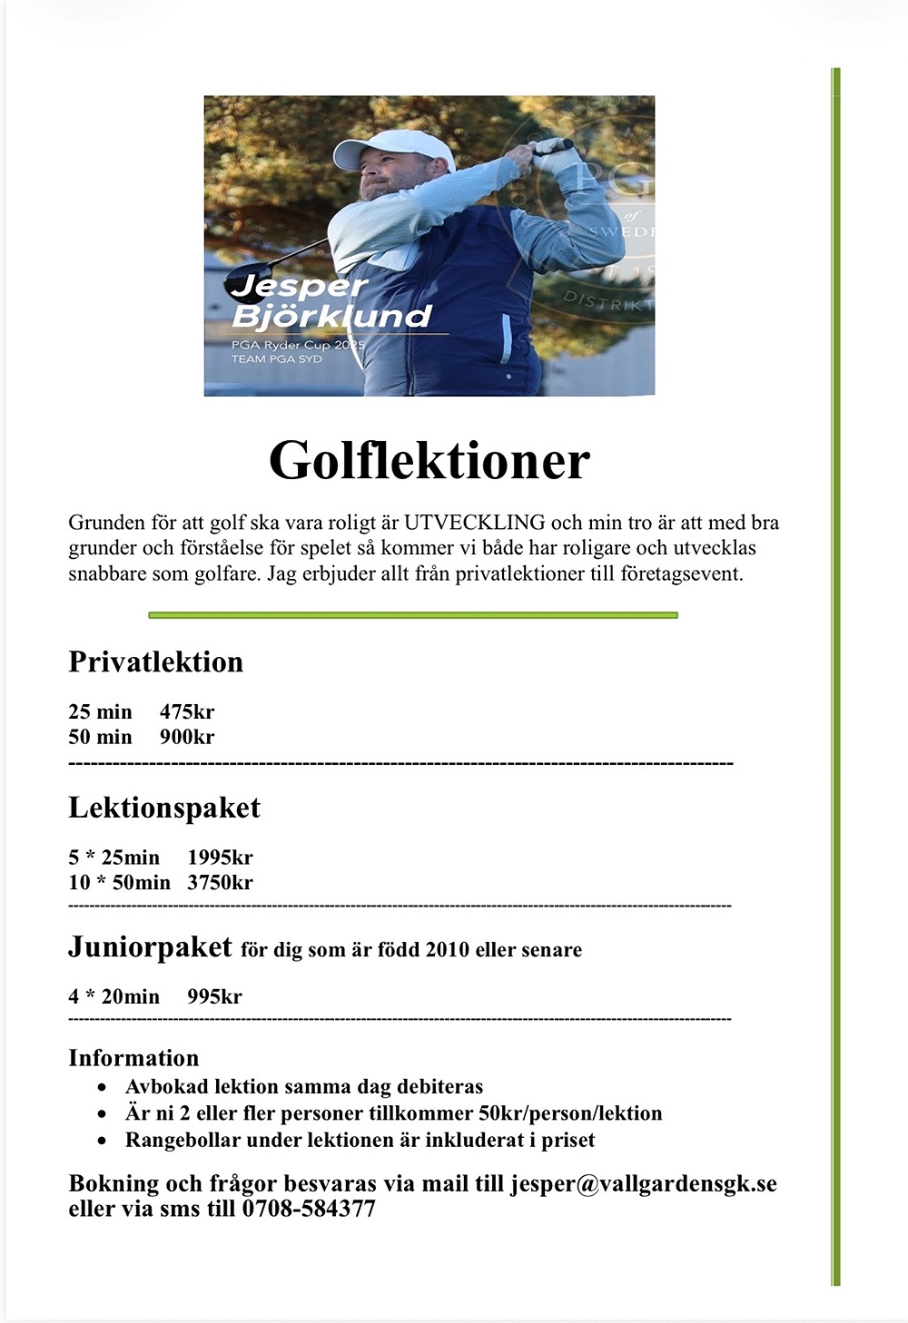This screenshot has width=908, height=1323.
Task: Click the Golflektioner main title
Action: pos(429,460)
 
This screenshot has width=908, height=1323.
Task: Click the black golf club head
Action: pos(246,280)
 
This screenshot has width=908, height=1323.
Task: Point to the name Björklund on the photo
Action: pos(331,317)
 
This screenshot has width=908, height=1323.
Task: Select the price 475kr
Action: pos(187,711)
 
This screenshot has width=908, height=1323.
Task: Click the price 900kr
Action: pos(187,737)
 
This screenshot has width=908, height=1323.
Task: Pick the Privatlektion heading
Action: pos(156,661)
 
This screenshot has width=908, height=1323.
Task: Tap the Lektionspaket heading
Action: pos(164,808)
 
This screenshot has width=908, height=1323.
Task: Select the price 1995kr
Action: pos(220,857)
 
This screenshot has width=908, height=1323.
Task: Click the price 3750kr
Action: pos(220,882)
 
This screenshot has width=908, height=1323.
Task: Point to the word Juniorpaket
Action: pos(150,947)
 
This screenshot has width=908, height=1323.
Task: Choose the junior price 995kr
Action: pos(214,996)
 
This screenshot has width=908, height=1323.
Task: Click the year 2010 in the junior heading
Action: pos(448,950)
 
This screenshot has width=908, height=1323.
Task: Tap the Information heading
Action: pos(133,1058)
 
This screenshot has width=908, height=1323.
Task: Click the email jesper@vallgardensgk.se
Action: pos(643,1184)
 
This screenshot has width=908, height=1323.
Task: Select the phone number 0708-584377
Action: pos(309,1209)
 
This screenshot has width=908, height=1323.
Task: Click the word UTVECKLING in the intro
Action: pos(474,523)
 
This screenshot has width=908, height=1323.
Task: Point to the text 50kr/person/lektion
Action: pos(570,1113)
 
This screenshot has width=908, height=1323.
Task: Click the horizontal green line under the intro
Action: pos(413,615)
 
